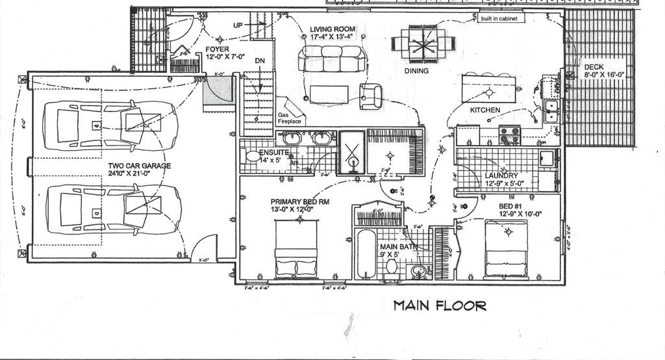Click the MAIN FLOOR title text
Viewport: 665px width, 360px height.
coord(440,305)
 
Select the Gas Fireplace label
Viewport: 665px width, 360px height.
coord(290,118)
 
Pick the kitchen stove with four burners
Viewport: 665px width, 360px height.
coord(510,135)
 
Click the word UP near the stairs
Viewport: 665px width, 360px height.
coord(239,25)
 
